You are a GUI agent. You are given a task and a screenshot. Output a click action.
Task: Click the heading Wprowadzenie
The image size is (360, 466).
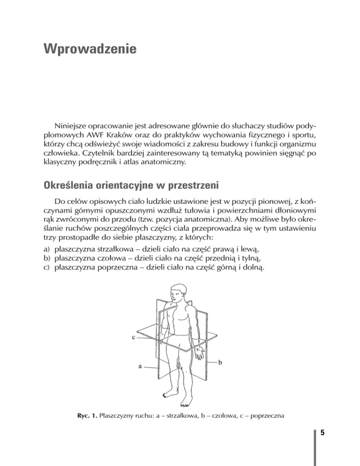click(89, 48)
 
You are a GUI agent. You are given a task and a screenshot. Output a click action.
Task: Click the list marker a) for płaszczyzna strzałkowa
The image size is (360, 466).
click(46, 249)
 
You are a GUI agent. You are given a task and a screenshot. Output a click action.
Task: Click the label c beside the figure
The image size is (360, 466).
click(134, 336)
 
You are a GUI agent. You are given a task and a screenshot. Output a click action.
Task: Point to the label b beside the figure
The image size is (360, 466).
click(220, 362)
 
